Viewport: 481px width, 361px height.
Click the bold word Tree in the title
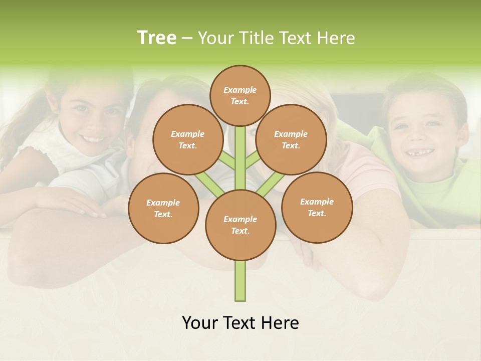coord(157,38)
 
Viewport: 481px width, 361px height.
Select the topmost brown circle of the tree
coord(240,95)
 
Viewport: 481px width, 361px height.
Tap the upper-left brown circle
coord(187,139)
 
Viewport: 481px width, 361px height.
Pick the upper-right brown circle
coord(291,139)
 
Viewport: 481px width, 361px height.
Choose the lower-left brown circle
coord(163,208)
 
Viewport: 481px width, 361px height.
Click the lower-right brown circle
coord(317,207)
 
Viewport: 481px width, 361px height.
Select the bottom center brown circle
coord(240,225)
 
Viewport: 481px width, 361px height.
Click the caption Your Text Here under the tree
coord(240,323)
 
